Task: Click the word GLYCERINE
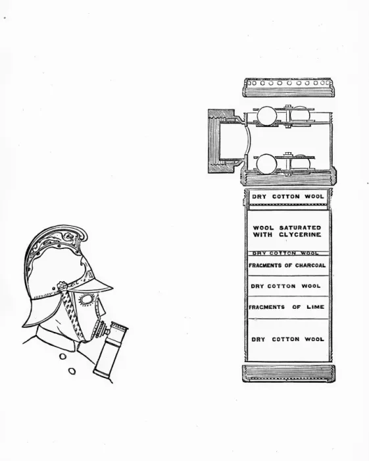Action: pyautogui.click(x=300, y=234)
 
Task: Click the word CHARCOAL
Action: pyautogui.click(x=310, y=265)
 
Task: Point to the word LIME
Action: pyautogui.click(x=316, y=307)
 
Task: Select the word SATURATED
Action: pyautogui.click(x=300, y=228)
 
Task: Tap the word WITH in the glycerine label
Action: pyautogui.click(x=262, y=234)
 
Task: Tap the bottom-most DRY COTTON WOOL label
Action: pyautogui.click(x=287, y=339)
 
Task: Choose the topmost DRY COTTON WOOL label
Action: pyautogui.click(x=288, y=196)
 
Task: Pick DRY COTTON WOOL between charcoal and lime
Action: pyautogui.click(x=285, y=286)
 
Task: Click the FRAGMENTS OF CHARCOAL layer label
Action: pyautogui.click(x=287, y=265)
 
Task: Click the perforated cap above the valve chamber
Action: pyautogui.click(x=289, y=88)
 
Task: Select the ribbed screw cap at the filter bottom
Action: pyautogui.click(x=289, y=373)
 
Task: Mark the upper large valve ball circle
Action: pyautogui.click(x=266, y=115)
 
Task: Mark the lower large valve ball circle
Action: pyautogui.click(x=266, y=164)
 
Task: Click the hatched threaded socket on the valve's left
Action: pyautogui.click(x=222, y=141)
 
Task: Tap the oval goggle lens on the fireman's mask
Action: pyautogui.click(x=86, y=300)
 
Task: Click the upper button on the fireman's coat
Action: pyautogui.click(x=62, y=356)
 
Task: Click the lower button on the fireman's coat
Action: pyautogui.click(x=72, y=371)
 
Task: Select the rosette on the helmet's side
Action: pyautogui.click(x=62, y=286)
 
